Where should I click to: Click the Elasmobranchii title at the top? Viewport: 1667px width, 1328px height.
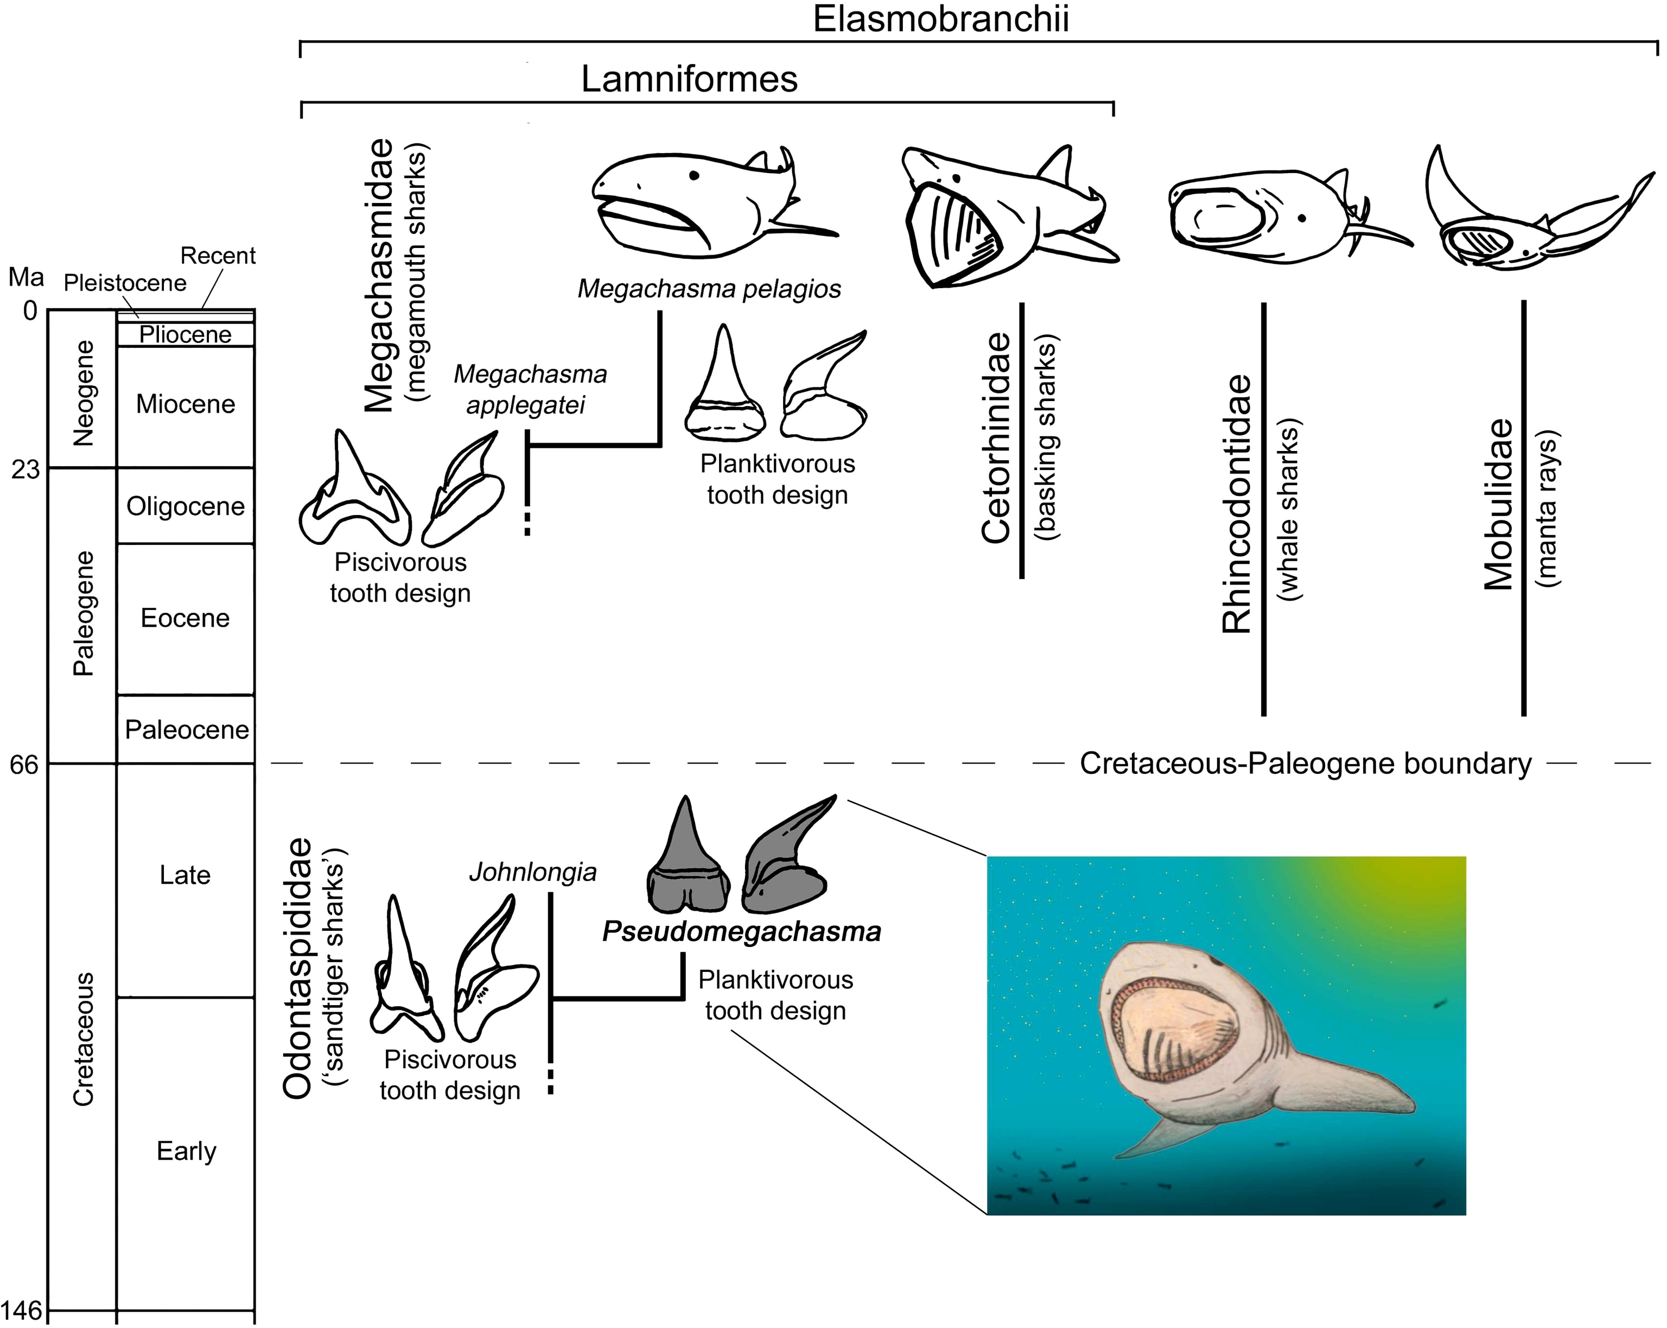(940, 18)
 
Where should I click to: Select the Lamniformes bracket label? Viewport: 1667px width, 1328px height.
(689, 79)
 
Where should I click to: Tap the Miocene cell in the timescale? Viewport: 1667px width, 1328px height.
(186, 404)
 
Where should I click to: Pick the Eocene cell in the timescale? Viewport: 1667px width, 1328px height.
(186, 618)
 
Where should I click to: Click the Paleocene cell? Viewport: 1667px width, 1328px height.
(186, 729)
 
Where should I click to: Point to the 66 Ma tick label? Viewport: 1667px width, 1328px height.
(23, 764)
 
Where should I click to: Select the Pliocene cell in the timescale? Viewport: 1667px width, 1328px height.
(186, 335)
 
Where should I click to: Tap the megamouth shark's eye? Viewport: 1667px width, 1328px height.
(695, 176)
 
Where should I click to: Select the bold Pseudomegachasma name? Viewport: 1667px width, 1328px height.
(741, 931)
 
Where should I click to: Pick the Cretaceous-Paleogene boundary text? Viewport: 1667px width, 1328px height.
(1305, 764)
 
